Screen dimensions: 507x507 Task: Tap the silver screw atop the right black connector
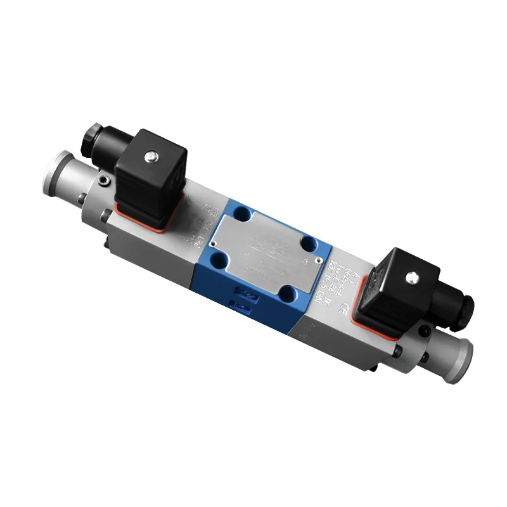click(413, 276)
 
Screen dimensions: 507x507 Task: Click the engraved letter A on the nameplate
click(307, 260)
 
